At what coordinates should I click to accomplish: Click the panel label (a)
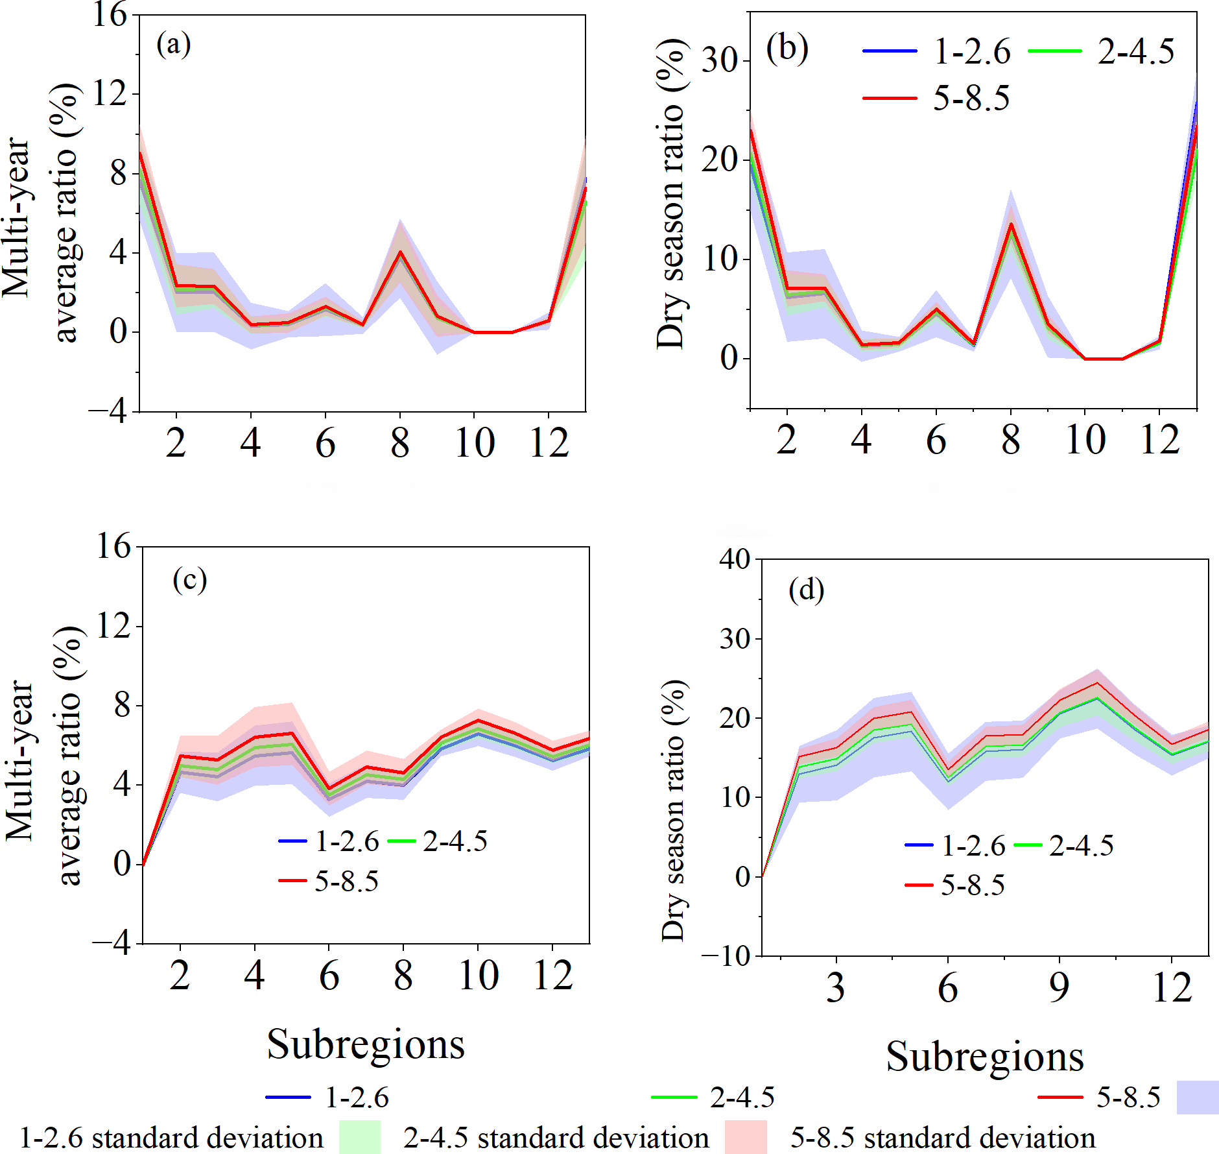click(x=173, y=45)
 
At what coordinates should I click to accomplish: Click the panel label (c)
click(x=189, y=579)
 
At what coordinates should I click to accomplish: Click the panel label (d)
click(x=806, y=590)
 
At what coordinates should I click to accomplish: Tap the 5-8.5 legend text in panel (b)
click(x=971, y=99)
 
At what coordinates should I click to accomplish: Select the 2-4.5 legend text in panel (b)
click(x=1135, y=52)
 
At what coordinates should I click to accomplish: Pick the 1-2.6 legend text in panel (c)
click(x=347, y=841)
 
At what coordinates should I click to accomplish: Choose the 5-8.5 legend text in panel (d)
click(x=973, y=885)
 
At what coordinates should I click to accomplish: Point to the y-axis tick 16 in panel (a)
click(x=110, y=14)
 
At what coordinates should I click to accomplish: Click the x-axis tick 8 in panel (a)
click(x=400, y=444)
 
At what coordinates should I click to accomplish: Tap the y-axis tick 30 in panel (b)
click(x=720, y=61)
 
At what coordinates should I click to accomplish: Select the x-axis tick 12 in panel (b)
click(x=1159, y=440)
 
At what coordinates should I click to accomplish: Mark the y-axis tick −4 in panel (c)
click(x=112, y=943)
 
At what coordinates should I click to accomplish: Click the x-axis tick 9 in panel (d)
click(x=1059, y=987)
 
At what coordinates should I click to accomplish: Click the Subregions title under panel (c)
click(x=366, y=1044)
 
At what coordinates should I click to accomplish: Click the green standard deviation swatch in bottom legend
click(x=359, y=1137)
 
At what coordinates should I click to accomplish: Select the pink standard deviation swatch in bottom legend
click(x=745, y=1137)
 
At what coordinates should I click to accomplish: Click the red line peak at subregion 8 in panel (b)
click(x=1010, y=224)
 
